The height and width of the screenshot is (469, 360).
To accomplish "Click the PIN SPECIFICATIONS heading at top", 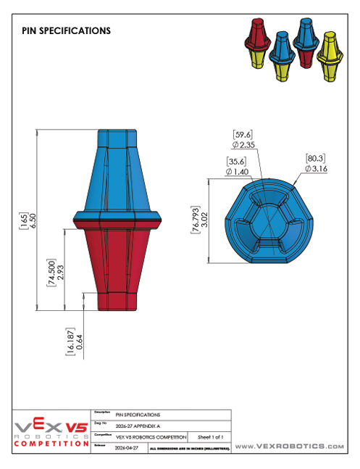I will (x=66, y=31).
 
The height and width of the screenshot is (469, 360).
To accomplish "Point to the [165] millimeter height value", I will (x=23, y=221).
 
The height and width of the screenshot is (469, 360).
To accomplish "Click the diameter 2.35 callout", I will (x=243, y=144).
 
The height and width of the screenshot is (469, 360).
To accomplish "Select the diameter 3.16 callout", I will (x=317, y=168).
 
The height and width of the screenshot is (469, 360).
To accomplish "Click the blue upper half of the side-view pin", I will (x=117, y=174).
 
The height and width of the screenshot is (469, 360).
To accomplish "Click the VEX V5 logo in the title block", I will (x=51, y=427).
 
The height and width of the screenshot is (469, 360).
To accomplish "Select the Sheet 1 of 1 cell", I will (x=210, y=437).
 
